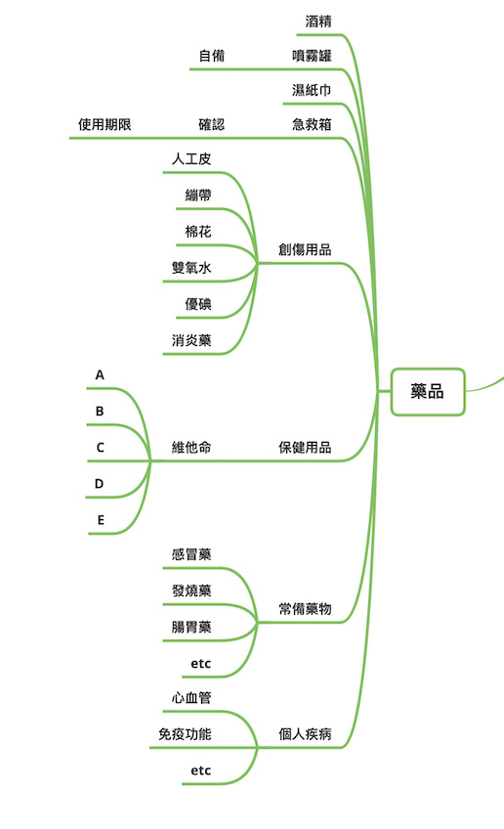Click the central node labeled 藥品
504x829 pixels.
428,392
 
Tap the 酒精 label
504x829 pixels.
318,22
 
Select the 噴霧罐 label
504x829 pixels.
312,56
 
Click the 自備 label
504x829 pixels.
212,56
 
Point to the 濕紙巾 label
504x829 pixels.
312,90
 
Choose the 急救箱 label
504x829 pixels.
312,124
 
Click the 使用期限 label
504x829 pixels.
105,124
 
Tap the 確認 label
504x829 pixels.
212,124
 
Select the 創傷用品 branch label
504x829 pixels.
305,249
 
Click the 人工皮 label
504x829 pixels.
191,158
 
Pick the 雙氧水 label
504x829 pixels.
191,268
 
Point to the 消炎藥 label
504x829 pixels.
191,340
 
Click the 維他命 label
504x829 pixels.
191,448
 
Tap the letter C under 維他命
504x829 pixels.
100,448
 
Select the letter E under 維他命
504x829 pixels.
101,520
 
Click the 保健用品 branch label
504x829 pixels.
305,448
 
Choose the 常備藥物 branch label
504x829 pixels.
305,608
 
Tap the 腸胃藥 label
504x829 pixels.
191,627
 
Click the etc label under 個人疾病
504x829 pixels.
201,771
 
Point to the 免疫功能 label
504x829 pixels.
185,734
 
